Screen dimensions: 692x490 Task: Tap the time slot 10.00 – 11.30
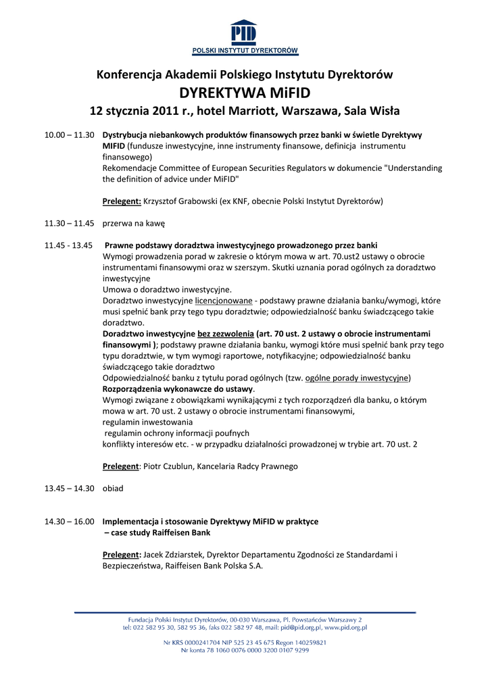click(x=69, y=135)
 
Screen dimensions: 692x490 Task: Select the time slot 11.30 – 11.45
click(x=69, y=223)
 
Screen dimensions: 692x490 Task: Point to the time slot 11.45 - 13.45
click(x=68, y=245)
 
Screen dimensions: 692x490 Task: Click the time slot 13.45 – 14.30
click(x=69, y=489)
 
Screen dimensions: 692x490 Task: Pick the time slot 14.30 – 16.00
click(x=69, y=522)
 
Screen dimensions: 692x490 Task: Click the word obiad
click(x=113, y=489)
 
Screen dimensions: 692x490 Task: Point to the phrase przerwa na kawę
click(x=134, y=223)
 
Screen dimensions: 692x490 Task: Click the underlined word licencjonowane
click(x=224, y=300)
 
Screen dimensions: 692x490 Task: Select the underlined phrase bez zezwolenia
click(x=226, y=334)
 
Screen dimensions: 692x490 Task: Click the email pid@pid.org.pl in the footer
click(x=301, y=628)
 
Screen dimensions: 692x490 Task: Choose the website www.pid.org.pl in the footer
click(x=345, y=628)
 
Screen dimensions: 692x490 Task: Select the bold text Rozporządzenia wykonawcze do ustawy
click(x=178, y=389)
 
